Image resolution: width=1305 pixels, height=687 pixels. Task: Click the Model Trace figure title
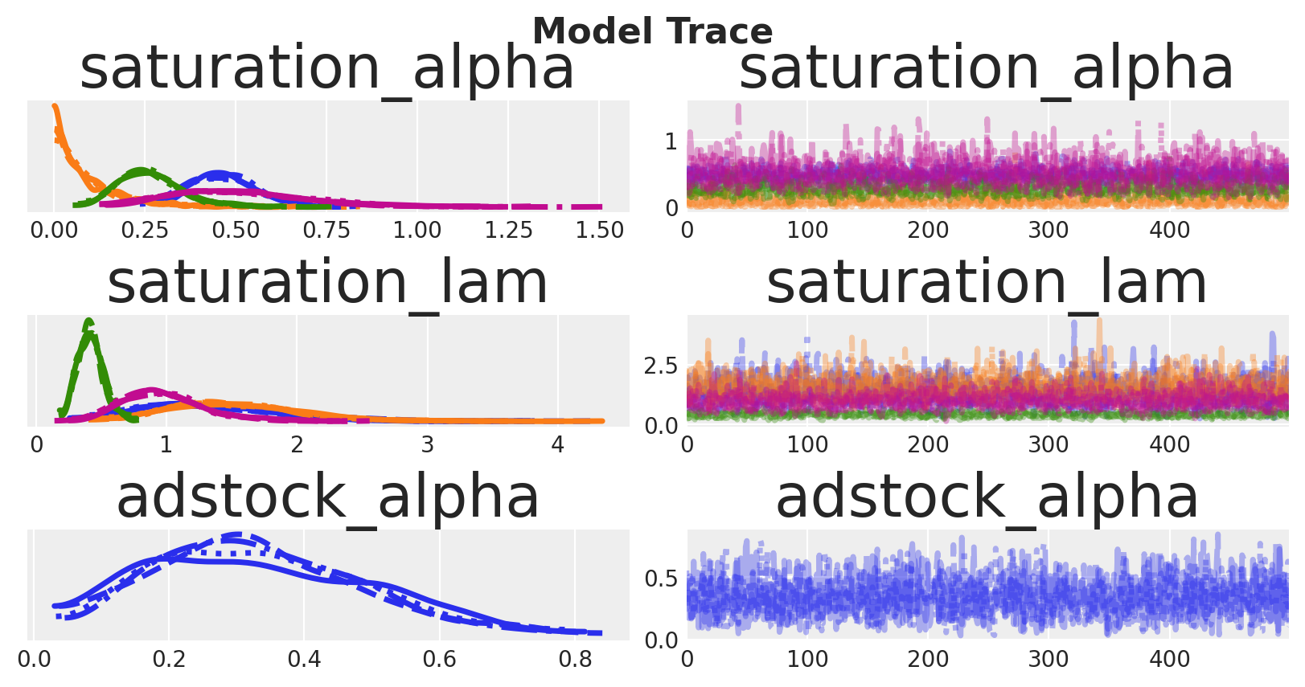click(652, 31)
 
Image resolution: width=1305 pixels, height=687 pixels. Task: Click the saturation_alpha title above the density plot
click(327, 68)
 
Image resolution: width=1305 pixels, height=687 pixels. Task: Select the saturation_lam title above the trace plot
click(987, 283)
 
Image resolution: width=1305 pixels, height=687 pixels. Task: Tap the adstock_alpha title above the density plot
click(327, 497)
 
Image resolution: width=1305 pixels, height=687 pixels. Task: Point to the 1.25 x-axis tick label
click(508, 231)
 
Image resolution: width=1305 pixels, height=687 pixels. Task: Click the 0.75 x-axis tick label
click(326, 231)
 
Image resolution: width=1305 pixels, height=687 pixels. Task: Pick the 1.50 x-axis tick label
click(599, 231)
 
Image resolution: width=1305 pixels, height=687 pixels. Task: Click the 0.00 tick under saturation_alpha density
click(54, 231)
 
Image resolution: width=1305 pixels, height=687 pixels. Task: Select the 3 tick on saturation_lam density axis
click(427, 445)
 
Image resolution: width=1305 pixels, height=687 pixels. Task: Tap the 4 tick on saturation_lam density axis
click(557, 445)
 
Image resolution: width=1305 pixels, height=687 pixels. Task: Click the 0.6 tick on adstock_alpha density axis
click(439, 660)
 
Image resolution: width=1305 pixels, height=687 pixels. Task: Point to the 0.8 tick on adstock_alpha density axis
click(575, 660)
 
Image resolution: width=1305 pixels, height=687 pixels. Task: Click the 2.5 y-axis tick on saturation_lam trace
click(661, 366)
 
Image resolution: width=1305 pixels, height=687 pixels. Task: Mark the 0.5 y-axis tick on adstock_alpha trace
click(661, 579)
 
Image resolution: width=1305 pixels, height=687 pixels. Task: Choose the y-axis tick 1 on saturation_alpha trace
click(671, 142)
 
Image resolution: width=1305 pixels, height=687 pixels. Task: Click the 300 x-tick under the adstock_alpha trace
click(1049, 660)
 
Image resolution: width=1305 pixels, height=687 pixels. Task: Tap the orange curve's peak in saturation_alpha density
click(55, 107)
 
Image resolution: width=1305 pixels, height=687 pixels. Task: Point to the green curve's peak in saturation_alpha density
click(142, 170)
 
